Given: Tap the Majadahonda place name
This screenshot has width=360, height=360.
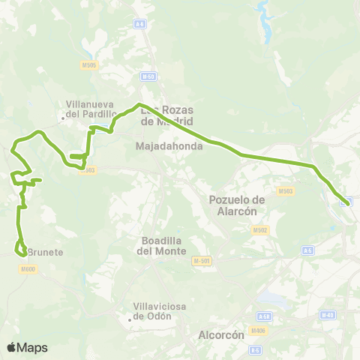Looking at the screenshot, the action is pyautogui.click(x=170, y=146).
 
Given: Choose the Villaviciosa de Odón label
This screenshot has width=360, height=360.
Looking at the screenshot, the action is pyautogui.click(x=152, y=310).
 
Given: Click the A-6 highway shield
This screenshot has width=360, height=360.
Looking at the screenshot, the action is pyautogui.click(x=139, y=24).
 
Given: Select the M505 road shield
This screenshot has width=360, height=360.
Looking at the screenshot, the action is pyautogui.click(x=88, y=65).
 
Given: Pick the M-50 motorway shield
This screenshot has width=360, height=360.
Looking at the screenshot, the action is pyautogui.click(x=147, y=76).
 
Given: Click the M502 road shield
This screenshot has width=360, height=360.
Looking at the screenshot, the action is pyautogui.click(x=260, y=229).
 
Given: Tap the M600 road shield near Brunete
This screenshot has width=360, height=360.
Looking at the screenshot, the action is pyautogui.click(x=28, y=268).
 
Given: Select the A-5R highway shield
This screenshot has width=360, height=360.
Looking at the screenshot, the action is pyautogui.click(x=263, y=316).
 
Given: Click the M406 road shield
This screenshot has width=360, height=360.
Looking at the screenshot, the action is pyautogui.click(x=259, y=330).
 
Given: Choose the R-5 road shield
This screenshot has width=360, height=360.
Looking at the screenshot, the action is pyautogui.click(x=256, y=349).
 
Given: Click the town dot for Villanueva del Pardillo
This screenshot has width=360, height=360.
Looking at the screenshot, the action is pyautogui.click(x=63, y=117).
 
